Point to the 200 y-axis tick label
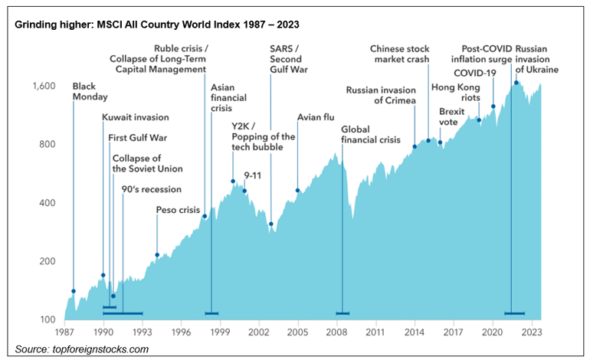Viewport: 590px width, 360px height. pos(47,262)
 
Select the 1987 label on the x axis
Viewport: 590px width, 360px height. pos(64,333)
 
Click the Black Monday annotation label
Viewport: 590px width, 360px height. pos(90,91)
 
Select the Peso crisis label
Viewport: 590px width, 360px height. pos(178,209)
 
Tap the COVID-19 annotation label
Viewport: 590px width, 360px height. pos(475,73)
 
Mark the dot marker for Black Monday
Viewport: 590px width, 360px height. pos(74,291)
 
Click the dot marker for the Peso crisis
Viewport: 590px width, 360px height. pos(157,255)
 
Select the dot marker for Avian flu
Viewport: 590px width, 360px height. pos(297,191)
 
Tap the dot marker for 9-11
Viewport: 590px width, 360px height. pos(245,191)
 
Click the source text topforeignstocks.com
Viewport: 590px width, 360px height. pos(82,349)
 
